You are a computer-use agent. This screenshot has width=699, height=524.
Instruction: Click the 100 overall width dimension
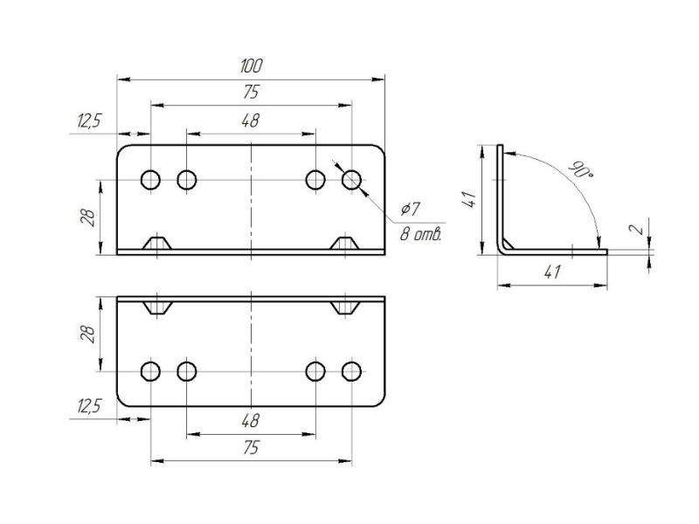pyautogui.click(x=252, y=66)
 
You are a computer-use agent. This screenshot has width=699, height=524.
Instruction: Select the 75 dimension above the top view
pyautogui.click(x=251, y=93)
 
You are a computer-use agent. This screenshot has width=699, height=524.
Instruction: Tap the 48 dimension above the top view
pyautogui.click(x=251, y=122)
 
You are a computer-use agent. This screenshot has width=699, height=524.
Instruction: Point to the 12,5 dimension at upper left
pyautogui.click(x=89, y=121)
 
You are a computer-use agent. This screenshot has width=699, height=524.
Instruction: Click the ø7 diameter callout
pyautogui.click(x=410, y=210)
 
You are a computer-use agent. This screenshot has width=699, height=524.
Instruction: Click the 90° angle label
pyautogui.click(x=578, y=169)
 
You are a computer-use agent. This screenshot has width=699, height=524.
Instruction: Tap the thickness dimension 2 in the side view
pyautogui.click(x=638, y=229)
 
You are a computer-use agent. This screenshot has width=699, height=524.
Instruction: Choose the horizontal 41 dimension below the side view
pyautogui.click(x=551, y=272)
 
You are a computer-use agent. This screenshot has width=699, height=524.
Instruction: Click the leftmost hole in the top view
pyautogui.click(x=150, y=180)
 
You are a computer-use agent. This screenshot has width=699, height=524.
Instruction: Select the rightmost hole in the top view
pyautogui.click(x=351, y=180)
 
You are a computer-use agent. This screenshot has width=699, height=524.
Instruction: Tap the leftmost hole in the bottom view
pyautogui.click(x=150, y=372)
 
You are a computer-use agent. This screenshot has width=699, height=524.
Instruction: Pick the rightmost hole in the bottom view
pyautogui.click(x=351, y=372)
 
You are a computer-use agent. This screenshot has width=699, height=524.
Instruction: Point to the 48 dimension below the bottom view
pyautogui.click(x=251, y=421)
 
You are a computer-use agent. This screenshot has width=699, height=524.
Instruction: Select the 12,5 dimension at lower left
pyautogui.click(x=89, y=406)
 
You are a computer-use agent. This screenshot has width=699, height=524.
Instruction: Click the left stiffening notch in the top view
pyautogui.click(x=157, y=242)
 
